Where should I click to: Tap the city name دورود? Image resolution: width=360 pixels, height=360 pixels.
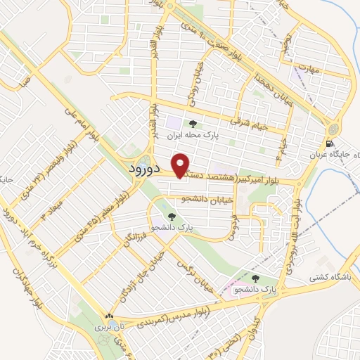coord(147,169)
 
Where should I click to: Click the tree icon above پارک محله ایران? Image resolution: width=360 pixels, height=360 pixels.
coord(193,125)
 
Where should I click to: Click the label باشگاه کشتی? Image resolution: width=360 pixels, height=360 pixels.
coord(329,277)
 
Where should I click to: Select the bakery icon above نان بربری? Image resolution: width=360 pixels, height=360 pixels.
coord(108,317)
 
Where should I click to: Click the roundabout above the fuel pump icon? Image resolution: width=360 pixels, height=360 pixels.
coord(332,129)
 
